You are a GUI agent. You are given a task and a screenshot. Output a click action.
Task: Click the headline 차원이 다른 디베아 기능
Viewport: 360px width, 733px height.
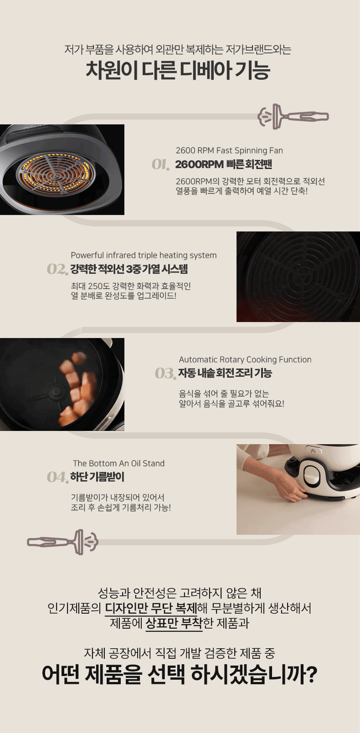tap(178, 70)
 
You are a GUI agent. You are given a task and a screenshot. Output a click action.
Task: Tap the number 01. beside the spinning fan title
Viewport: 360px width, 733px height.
tap(161, 164)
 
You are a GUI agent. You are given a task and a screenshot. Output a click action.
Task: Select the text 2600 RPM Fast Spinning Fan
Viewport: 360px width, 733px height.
tap(229, 150)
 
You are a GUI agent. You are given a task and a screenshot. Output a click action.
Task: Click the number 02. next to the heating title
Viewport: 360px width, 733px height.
tap(57, 269)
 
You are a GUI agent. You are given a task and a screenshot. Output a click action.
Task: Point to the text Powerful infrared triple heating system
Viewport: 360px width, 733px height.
tap(144, 255)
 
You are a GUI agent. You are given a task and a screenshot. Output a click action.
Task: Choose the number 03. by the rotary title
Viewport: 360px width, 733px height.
tap(165, 374)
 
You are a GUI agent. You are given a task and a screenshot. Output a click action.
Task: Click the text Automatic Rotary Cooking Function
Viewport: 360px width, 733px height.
tap(245, 359)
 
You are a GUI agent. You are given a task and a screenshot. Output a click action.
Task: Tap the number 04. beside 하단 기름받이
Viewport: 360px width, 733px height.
tap(58, 477)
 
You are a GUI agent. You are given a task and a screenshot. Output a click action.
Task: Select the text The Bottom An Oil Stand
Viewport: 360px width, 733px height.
tap(119, 463)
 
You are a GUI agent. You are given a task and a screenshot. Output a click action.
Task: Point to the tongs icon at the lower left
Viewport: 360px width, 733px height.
tap(62, 542)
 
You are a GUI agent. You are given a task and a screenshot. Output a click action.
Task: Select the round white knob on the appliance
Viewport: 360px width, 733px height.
tap(314, 473)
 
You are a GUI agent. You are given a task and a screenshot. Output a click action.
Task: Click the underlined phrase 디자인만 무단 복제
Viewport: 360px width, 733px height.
tap(151, 608)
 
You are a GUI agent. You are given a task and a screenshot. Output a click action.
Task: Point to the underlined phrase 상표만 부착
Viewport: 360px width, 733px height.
tap(174, 623)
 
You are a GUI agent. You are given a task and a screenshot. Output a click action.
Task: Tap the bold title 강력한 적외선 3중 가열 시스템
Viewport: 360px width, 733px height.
tap(129, 269)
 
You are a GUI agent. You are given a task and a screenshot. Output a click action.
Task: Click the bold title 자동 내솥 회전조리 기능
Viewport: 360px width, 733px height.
tap(225, 373)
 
